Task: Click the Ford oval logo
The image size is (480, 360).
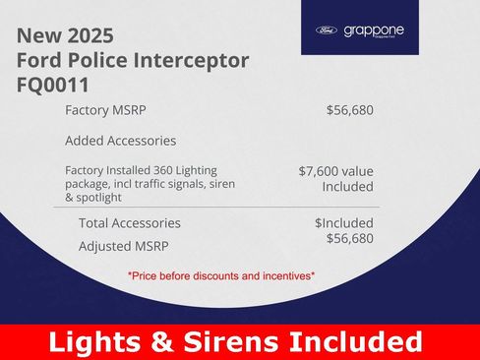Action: (x=326, y=30)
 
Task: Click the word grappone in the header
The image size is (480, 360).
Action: (x=374, y=30)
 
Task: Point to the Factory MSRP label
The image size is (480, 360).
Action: (x=105, y=110)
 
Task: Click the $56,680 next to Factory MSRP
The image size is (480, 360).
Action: (x=349, y=110)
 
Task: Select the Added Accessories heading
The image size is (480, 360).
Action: (x=120, y=141)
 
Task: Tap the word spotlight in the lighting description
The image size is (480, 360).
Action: (x=107, y=199)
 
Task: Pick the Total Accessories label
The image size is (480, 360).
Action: (x=129, y=223)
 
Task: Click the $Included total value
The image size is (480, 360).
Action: (x=343, y=223)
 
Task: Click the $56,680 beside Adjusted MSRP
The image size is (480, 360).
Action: (x=349, y=239)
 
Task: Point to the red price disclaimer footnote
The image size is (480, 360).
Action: (x=220, y=276)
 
